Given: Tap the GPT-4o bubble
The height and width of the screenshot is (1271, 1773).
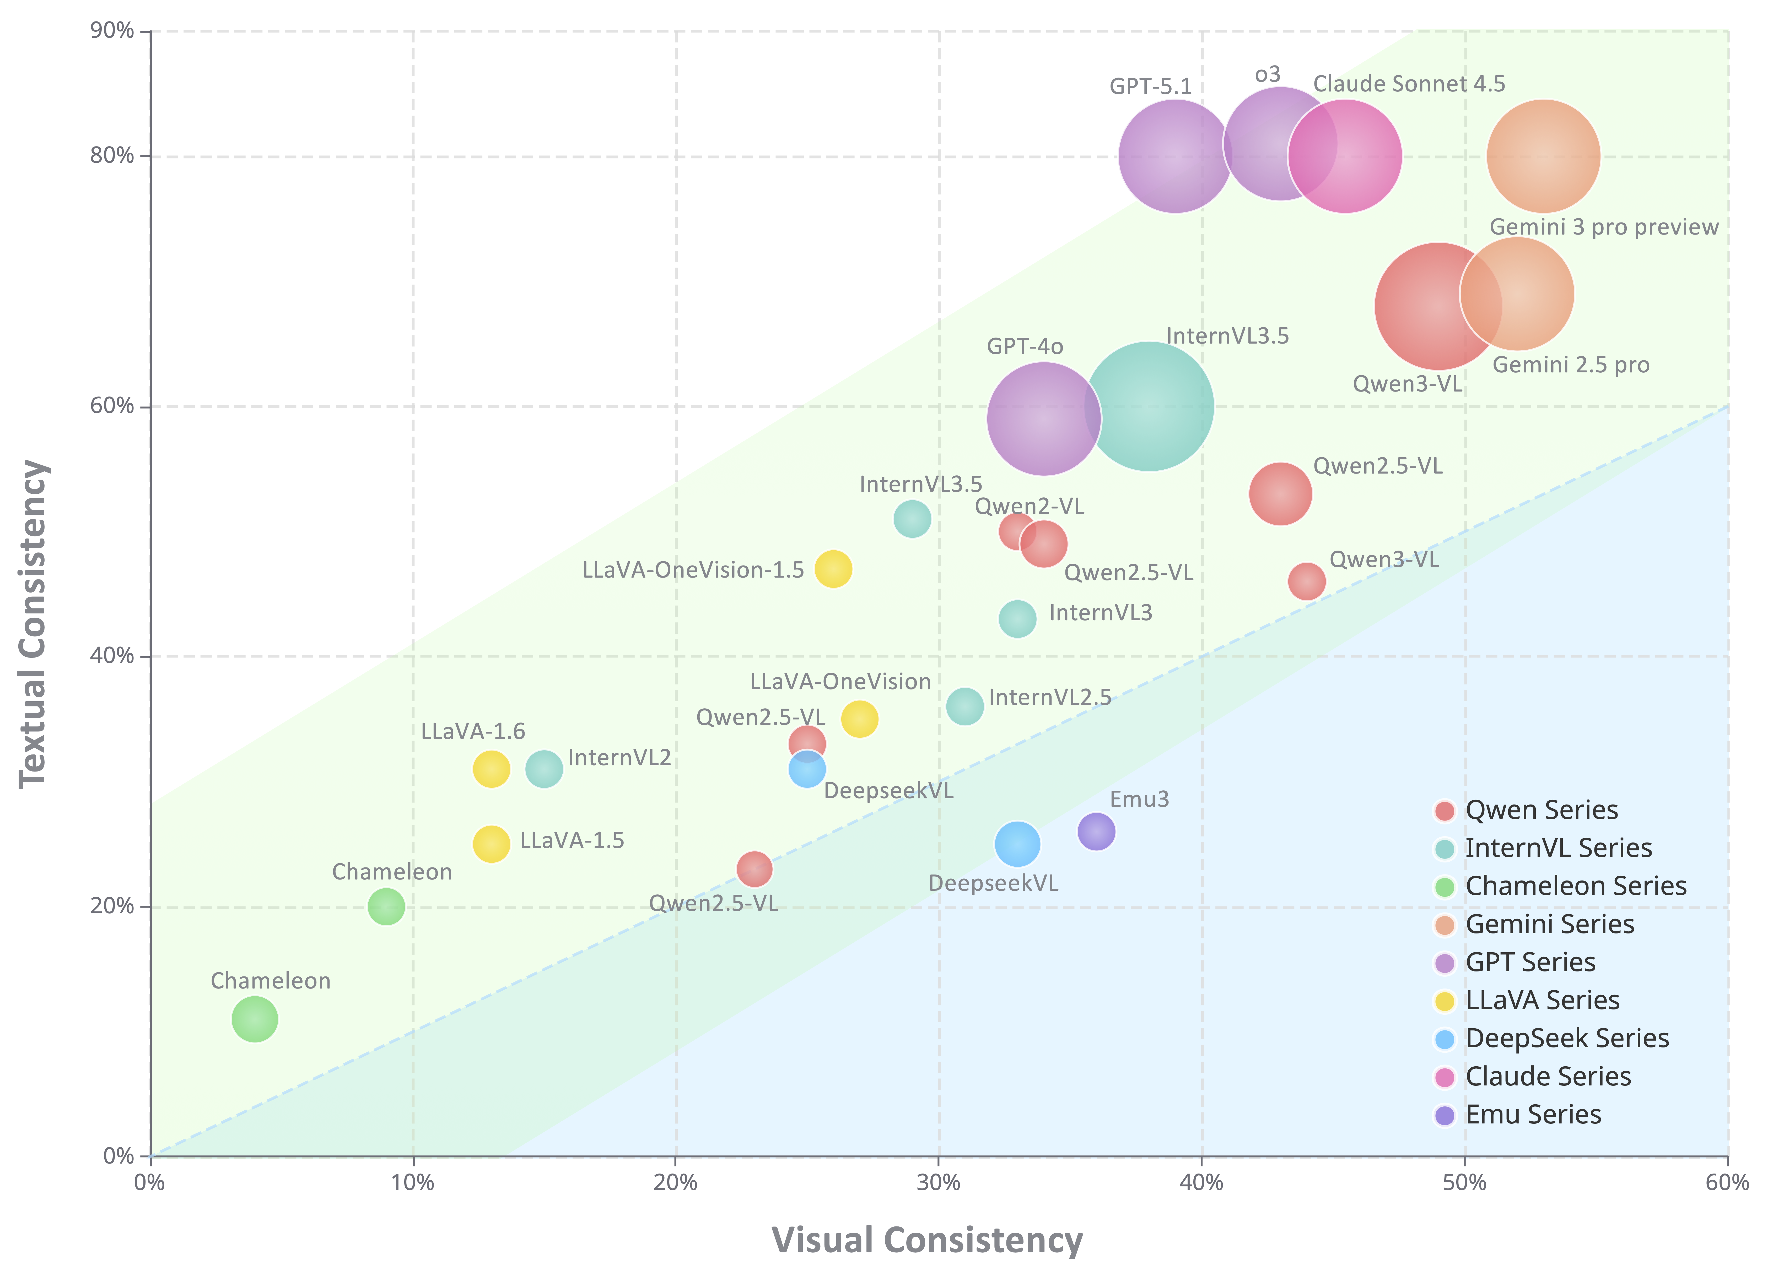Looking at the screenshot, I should point(1044,418).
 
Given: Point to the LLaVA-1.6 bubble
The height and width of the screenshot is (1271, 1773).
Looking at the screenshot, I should point(491,769).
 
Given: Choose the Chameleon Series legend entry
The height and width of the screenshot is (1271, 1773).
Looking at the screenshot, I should point(1575,886).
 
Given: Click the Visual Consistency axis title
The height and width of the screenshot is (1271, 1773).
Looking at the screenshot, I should point(927,1241).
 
